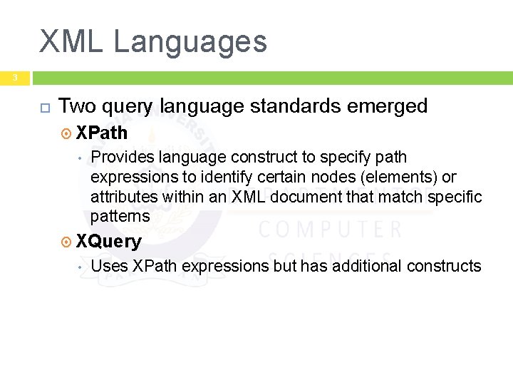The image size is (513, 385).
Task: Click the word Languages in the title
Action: (190, 41)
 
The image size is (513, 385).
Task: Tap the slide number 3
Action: (14, 77)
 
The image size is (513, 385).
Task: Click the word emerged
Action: (391, 106)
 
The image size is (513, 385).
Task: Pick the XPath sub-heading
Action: (102, 133)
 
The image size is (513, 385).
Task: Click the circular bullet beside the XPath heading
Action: (67, 133)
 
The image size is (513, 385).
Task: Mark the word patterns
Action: (120, 216)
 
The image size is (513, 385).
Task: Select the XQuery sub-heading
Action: (109, 241)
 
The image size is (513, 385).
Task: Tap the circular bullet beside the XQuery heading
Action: (67, 242)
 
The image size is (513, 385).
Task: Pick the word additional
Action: (366, 266)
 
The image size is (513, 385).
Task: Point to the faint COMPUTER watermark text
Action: (330, 230)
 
